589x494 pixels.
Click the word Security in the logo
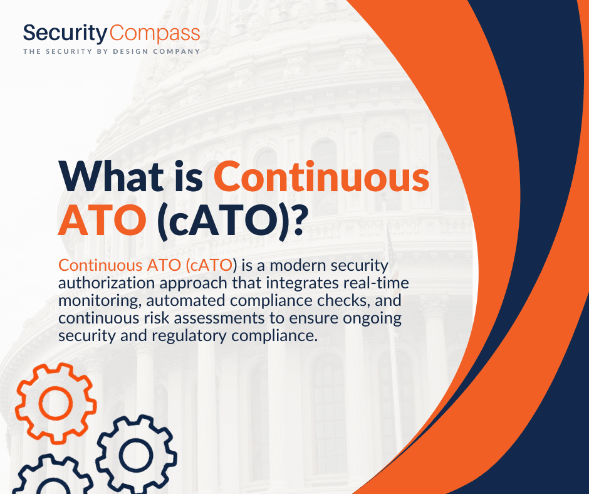pos(65,33)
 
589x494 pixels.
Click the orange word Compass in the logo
pos(155,34)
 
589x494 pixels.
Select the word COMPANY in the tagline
pos(177,51)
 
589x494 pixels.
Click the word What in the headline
pos(111,176)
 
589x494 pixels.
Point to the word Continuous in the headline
pos(321,176)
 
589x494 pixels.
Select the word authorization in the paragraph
pos(107,283)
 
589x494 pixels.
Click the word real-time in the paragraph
pos(376,283)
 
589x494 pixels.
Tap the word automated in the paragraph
pos(186,300)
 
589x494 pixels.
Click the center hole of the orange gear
pos(56,402)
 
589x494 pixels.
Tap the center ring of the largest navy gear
pos(137,455)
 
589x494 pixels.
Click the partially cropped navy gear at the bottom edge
pos(53,475)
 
